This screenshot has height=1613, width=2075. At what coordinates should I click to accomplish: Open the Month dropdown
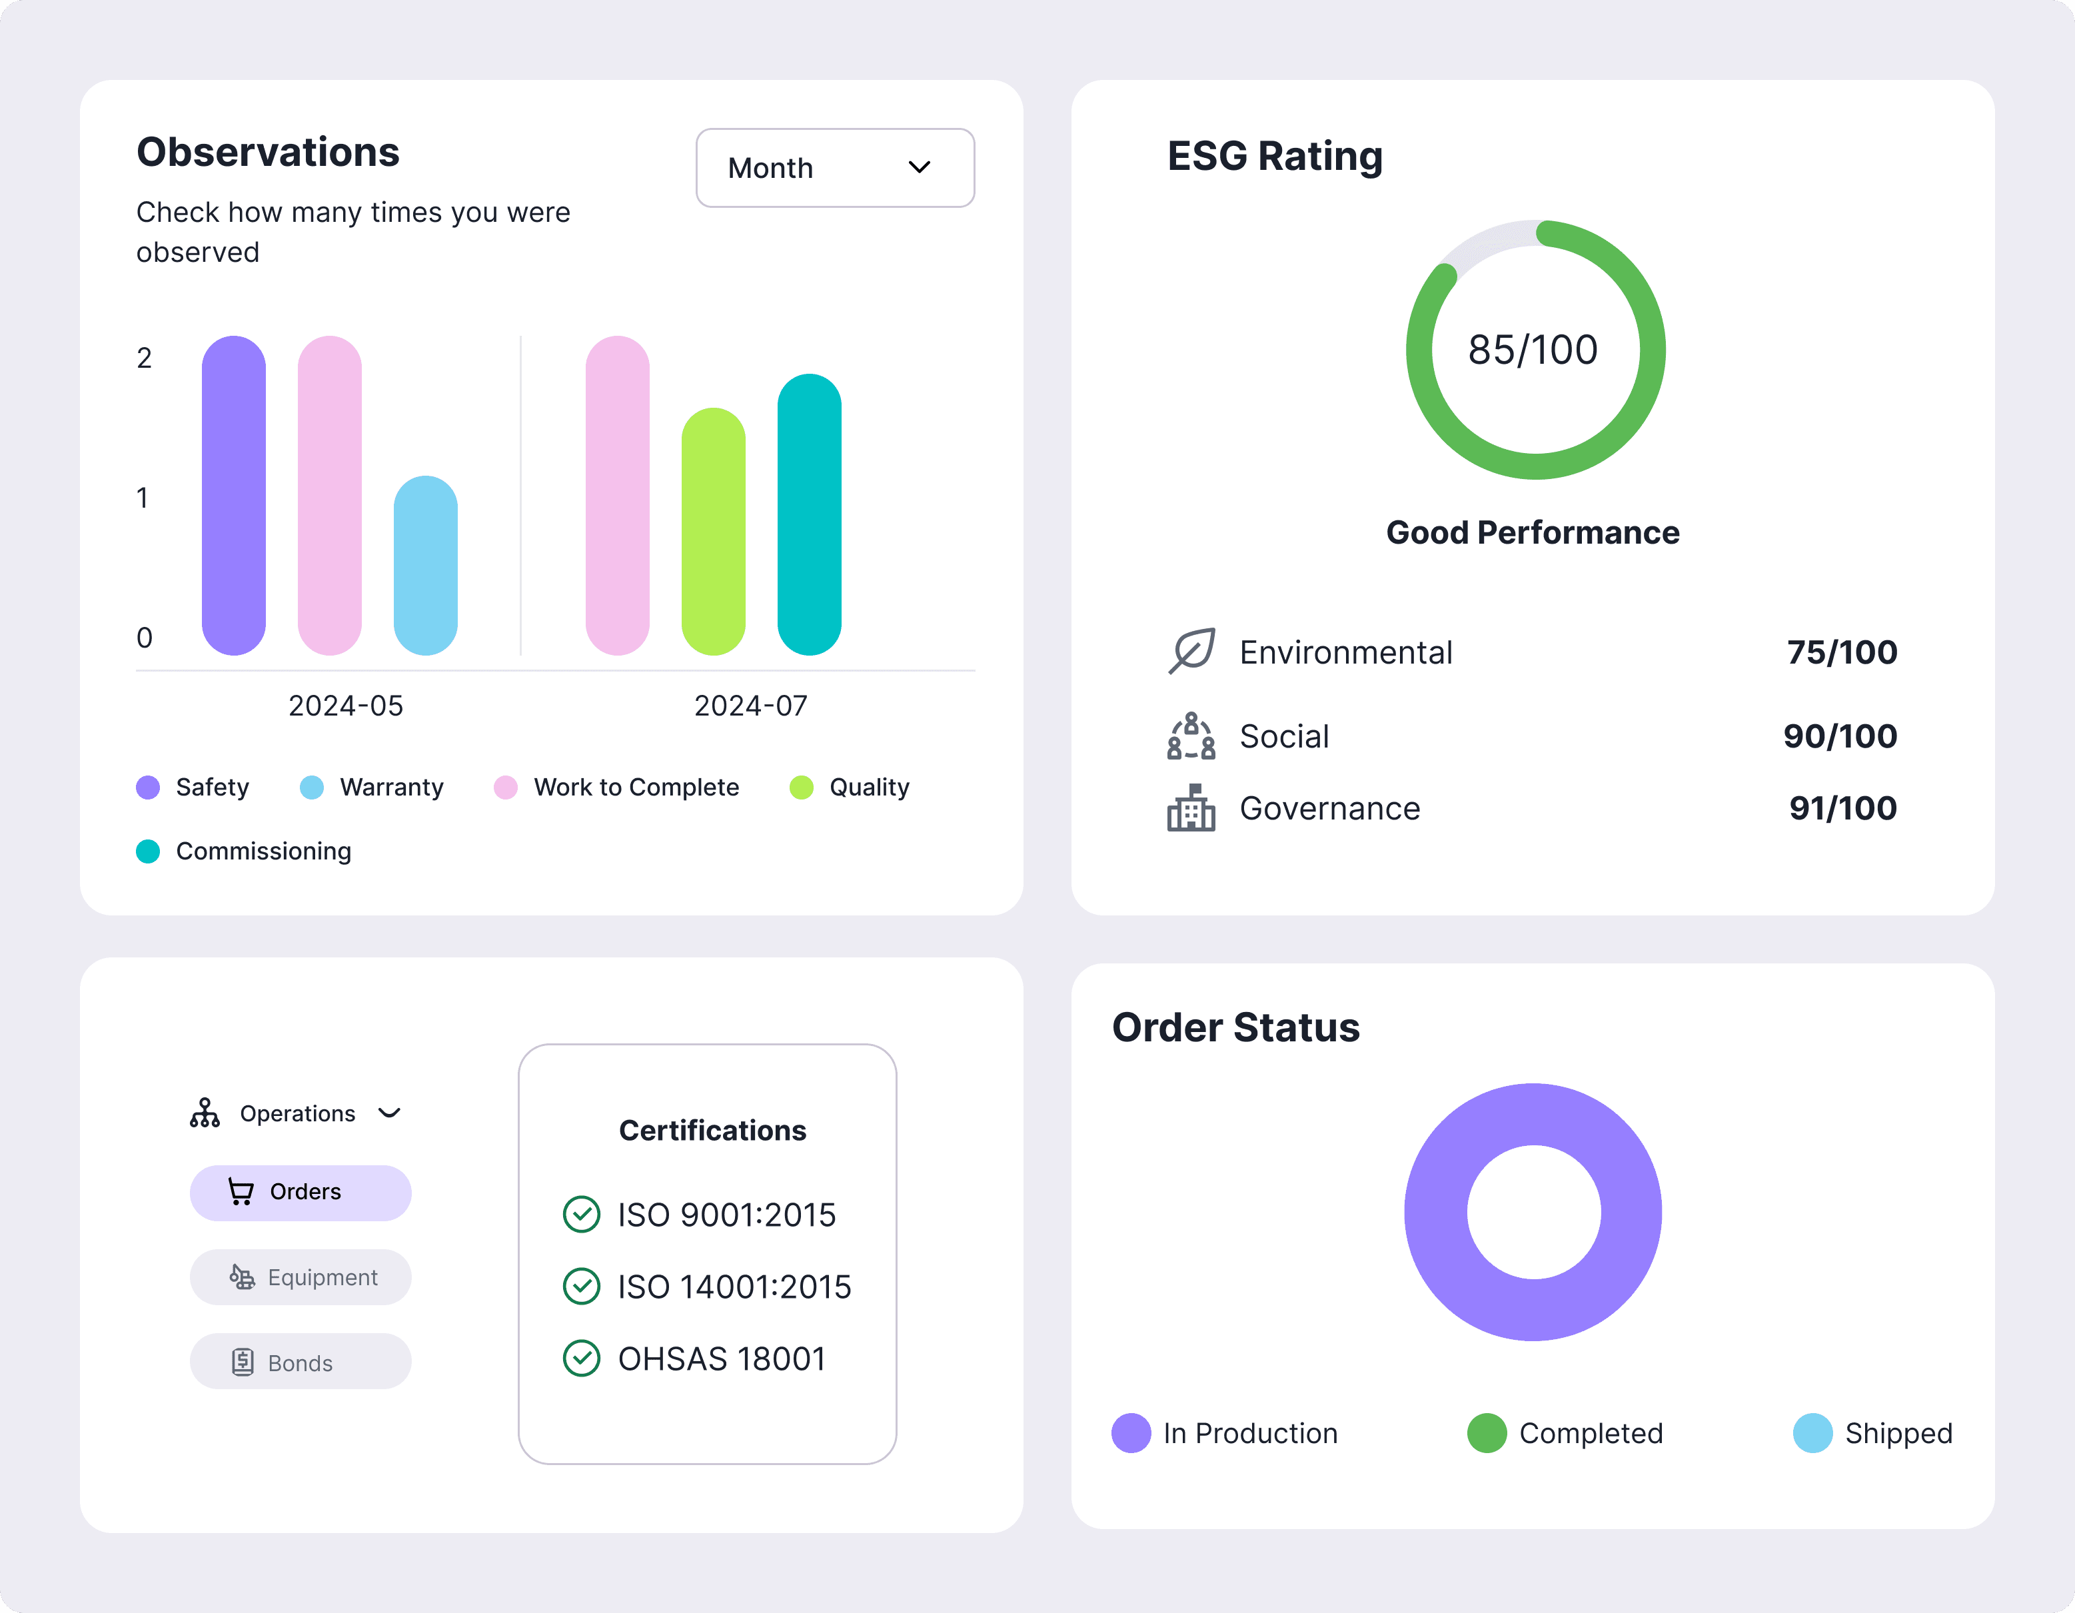pos(835,168)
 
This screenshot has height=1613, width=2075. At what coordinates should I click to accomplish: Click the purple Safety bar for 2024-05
pos(234,495)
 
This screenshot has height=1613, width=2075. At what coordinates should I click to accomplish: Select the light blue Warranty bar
pos(426,565)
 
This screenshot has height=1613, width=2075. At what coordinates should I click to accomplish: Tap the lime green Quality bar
pos(714,531)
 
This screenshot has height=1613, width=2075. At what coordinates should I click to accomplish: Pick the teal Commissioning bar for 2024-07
pos(810,514)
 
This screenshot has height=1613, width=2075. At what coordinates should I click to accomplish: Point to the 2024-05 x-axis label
pos(346,706)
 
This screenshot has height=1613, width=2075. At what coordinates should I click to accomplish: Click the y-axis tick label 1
pos(143,498)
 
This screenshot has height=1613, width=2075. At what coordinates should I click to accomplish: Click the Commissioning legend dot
pos(148,851)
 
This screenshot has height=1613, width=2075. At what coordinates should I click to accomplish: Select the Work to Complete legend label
pos(636,788)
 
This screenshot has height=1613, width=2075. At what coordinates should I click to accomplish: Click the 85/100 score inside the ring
pos(1533,350)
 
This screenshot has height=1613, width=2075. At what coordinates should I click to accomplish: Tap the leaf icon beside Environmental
pos(1191,651)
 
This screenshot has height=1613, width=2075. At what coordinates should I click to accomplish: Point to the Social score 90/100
pos(1840,736)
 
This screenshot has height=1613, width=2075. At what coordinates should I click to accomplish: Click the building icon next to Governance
pos(1191,807)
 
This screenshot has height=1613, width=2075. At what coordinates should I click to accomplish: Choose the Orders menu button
pos(301,1192)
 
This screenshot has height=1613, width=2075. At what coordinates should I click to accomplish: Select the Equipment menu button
pos(301,1278)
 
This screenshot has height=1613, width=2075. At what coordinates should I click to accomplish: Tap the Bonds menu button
pos(301,1362)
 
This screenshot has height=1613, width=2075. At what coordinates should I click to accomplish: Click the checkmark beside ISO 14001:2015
pos(582,1287)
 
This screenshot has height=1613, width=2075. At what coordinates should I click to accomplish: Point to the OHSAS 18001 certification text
pos(722,1359)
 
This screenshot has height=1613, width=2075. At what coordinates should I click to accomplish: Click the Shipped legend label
pos(1899,1434)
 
